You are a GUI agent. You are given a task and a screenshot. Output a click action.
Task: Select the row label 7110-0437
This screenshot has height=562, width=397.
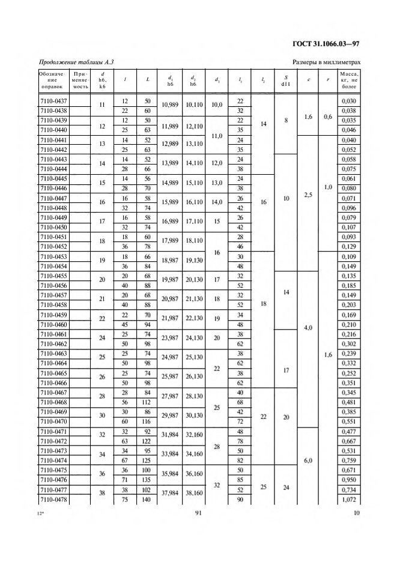pos(52,100)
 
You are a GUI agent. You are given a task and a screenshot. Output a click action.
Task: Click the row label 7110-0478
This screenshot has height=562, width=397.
pos(52,499)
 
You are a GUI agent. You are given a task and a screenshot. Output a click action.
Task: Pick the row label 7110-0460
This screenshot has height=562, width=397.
pos(52,324)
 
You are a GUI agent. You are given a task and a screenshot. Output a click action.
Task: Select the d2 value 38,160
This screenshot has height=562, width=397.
pos(193,494)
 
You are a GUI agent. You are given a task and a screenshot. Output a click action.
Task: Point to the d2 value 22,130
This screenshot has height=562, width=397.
pos(193,319)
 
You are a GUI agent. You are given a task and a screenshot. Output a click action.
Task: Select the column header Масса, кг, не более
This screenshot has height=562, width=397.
pos(348,80)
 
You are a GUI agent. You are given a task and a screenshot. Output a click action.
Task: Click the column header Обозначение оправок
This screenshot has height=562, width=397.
pos(52,80)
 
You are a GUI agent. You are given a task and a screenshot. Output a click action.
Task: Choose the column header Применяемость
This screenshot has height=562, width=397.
pos(80,80)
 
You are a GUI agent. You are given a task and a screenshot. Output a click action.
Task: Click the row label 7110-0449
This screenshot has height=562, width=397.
pos(52,217)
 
